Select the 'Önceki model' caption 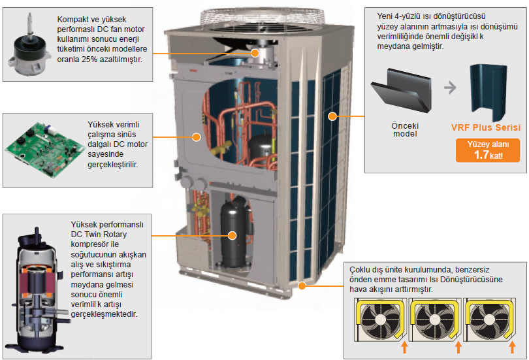click(x=404, y=129)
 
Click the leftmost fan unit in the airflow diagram click(x=379, y=320)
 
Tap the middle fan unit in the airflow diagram click(x=434, y=320)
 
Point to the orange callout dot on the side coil click(x=332, y=116)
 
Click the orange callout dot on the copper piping click(x=195, y=136)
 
